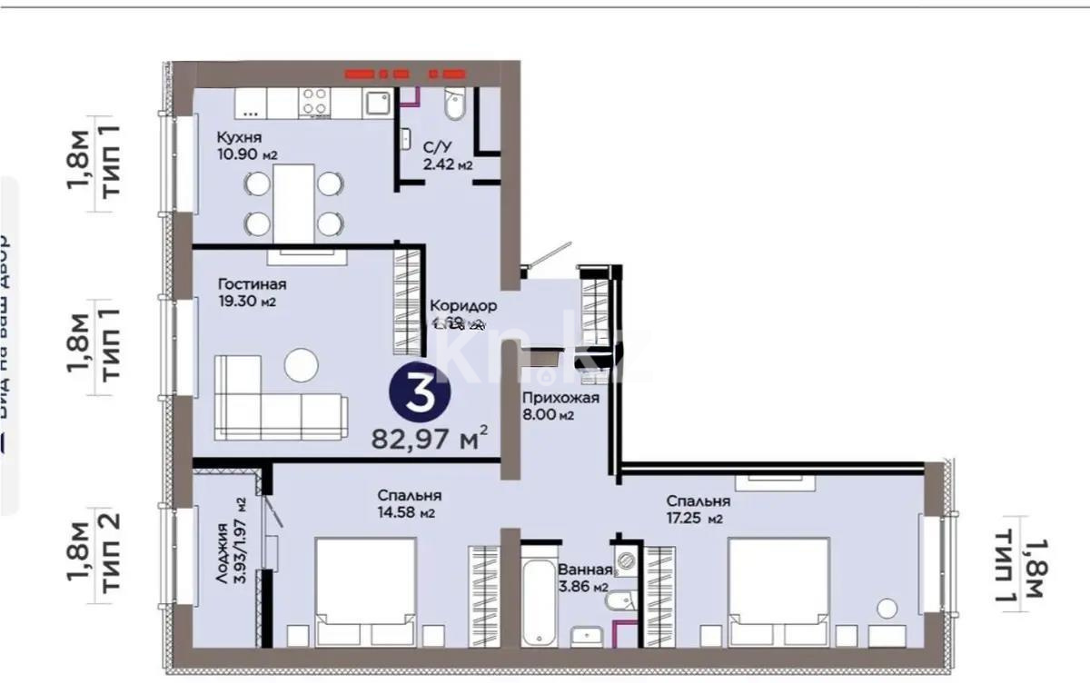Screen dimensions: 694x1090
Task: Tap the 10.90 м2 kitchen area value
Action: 246,154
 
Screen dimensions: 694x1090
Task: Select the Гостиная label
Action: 245,284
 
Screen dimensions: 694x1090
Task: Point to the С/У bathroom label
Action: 433,146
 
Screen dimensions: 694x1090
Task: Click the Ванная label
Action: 585,570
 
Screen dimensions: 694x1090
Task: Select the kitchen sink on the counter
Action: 377,102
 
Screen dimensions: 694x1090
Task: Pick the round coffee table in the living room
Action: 301,366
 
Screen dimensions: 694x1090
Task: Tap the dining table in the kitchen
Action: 293,203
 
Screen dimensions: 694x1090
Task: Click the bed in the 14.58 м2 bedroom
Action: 365,590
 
